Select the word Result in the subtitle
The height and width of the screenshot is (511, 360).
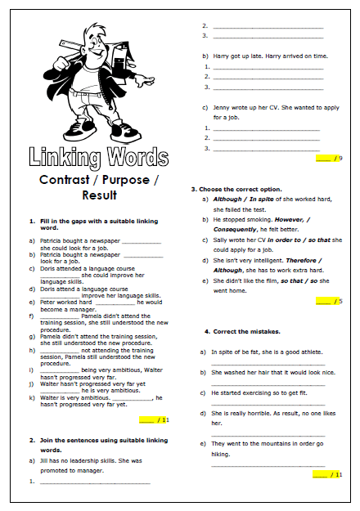99,195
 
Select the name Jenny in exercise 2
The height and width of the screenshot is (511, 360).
220,107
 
